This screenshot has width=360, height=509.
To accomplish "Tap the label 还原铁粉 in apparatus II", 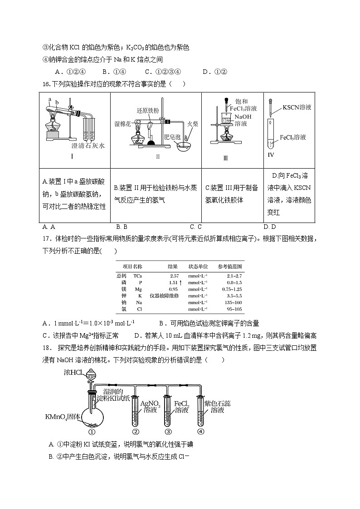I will click(x=148, y=110).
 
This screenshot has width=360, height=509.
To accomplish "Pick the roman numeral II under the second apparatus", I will click(x=158, y=157).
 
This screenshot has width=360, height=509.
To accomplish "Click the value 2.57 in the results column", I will click(x=174, y=276).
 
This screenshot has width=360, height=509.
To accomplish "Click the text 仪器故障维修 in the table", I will click(x=165, y=296).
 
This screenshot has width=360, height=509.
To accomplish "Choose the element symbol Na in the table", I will click(x=139, y=302).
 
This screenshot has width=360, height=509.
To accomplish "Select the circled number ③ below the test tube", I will click(x=168, y=431).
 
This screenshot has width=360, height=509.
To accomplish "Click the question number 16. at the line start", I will click(x=47, y=83).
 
